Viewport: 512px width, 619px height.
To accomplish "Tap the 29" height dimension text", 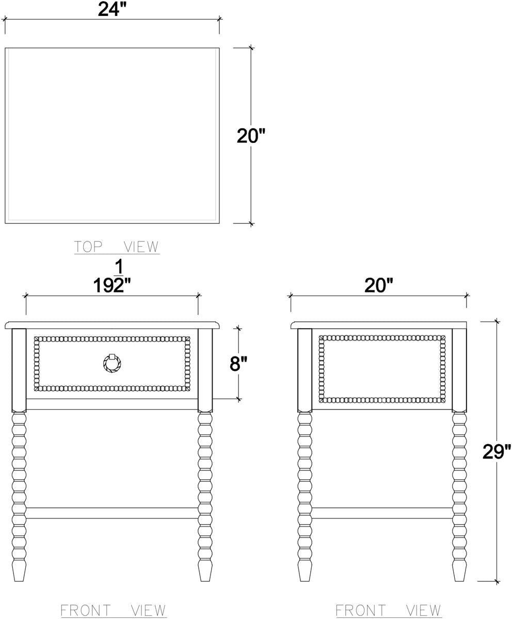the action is pyautogui.click(x=497, y=451).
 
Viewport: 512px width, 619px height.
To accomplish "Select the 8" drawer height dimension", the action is pyautogui.click(x=238, y=364).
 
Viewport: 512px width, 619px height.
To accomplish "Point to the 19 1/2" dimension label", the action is pyautogui.click(x=112, y=277).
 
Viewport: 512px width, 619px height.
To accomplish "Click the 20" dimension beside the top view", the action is pyautogui.click(x=251, y=136).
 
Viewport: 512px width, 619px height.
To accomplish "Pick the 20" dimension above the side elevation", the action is pyautogui.click(x=378, y=285).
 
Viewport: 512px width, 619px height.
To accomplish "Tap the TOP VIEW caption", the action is pyautogui.click(x=117, y=247).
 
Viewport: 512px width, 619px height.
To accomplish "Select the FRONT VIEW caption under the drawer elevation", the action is pyautogui.click(x=113, y=610).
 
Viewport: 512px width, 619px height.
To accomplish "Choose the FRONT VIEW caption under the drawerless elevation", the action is pyautogui.click(x=388, y=610).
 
